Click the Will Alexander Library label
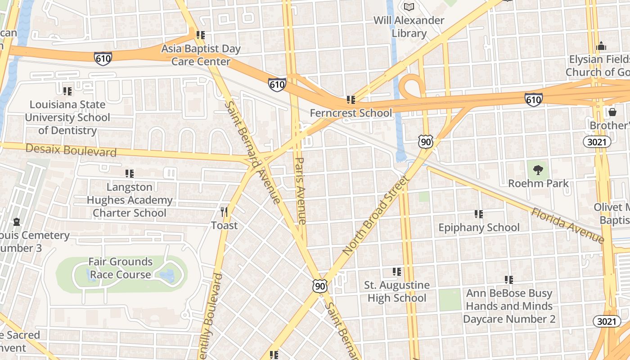409,27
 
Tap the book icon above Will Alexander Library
409,7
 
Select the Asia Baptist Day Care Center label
201,55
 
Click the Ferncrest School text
351,113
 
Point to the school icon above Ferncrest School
351,99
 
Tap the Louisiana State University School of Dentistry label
67,117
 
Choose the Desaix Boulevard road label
71,150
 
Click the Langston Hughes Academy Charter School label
130,200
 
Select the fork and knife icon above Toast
224,211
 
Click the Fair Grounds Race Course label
120,268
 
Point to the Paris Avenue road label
301,190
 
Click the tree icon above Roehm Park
538,170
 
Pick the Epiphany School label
479,227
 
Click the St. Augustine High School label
396,292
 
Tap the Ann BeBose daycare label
509,306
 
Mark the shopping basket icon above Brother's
612,112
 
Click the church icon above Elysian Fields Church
601,46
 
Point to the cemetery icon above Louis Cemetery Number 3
17,222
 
